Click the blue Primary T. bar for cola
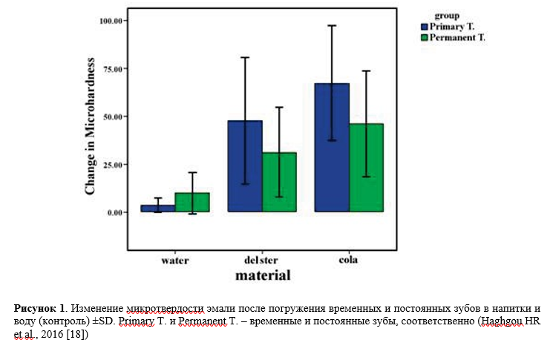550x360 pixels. point(332,148)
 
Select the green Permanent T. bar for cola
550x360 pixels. point(366,168)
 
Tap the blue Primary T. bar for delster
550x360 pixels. point(244,166)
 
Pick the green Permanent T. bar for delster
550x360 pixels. point(279,183)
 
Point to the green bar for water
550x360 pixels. point(192,203)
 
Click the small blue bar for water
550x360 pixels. point(157,209)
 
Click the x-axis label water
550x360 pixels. point(175,261)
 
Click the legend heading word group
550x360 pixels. point(447,16)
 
